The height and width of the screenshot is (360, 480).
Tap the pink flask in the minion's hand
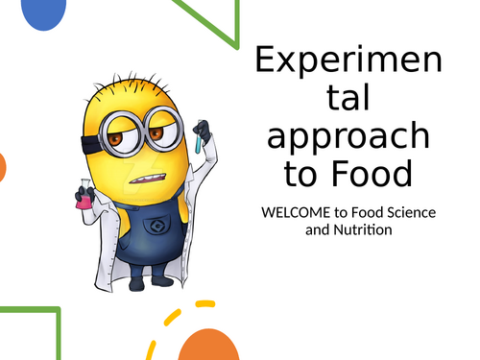pos(84,196)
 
